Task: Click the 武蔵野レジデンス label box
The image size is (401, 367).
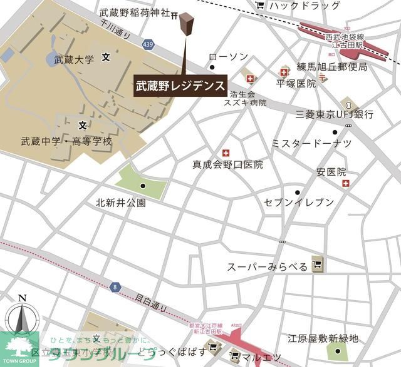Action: (180, 86)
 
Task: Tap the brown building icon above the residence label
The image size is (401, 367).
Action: (185, 25)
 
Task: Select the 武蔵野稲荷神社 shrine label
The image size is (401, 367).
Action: (134, 13)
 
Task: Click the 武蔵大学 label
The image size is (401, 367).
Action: (74, 60)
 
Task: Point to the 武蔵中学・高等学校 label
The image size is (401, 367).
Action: (66, 141)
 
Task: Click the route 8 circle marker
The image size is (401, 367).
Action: (115, 287)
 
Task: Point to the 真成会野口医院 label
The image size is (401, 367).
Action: (227, 165)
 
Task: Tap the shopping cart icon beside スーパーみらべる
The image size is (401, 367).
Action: (318, 266)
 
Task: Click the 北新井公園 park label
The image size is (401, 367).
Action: (121, 203)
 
